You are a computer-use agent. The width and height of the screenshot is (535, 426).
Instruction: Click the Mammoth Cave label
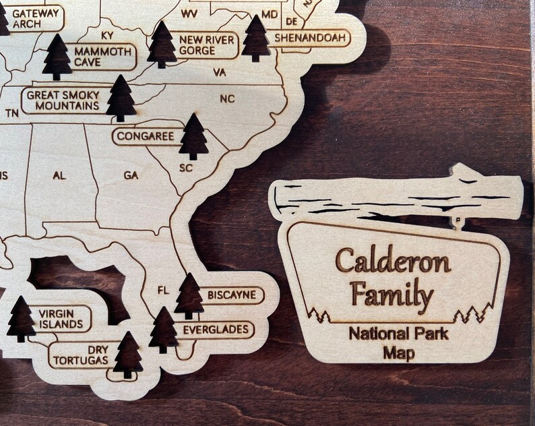click(102, 57)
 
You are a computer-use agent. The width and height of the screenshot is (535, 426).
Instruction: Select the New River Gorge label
click(206, 45)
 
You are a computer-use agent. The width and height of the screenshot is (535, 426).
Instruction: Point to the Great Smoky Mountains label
click(63, 100)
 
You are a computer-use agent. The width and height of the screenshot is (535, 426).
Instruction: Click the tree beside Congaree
click(194, 137)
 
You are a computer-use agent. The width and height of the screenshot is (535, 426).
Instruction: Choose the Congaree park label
click(146, 136)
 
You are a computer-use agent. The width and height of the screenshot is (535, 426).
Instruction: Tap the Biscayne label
click(231, 295)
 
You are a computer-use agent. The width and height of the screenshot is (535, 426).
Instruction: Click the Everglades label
click(217, 330)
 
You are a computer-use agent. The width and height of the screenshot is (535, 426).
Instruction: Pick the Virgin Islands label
click(61, 319)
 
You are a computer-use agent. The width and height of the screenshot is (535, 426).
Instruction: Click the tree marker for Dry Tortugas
click(127, 355)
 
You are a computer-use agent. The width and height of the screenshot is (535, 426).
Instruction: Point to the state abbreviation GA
click(131, 175)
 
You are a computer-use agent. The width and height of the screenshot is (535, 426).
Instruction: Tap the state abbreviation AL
click(59, 175)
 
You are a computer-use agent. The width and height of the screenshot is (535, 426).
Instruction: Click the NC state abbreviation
click(227, 99)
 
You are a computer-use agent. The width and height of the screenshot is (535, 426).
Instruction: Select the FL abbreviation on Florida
click(163, 291)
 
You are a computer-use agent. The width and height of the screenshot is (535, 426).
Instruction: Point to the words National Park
click(399, 333)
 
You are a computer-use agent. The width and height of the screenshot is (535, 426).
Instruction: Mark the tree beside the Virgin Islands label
click(21, 319)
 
